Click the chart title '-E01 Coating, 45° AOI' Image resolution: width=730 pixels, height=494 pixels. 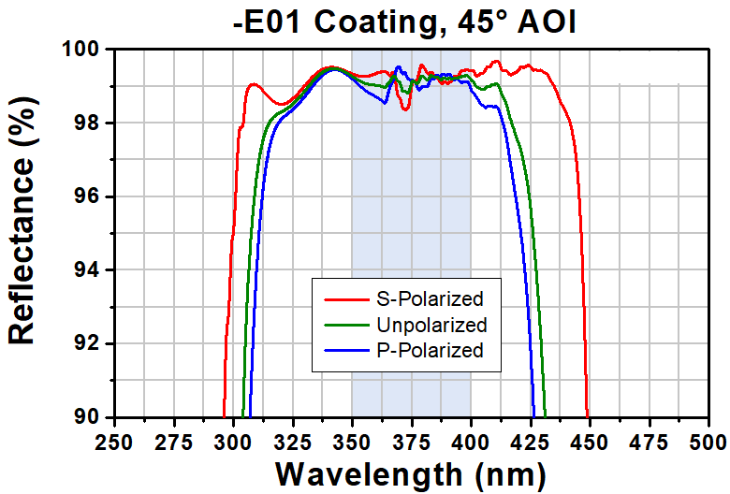[x=404, y=20]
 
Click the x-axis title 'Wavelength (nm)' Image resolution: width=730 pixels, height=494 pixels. [x=410, y=472]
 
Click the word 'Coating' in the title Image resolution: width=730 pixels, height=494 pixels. [x=384, y=20]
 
